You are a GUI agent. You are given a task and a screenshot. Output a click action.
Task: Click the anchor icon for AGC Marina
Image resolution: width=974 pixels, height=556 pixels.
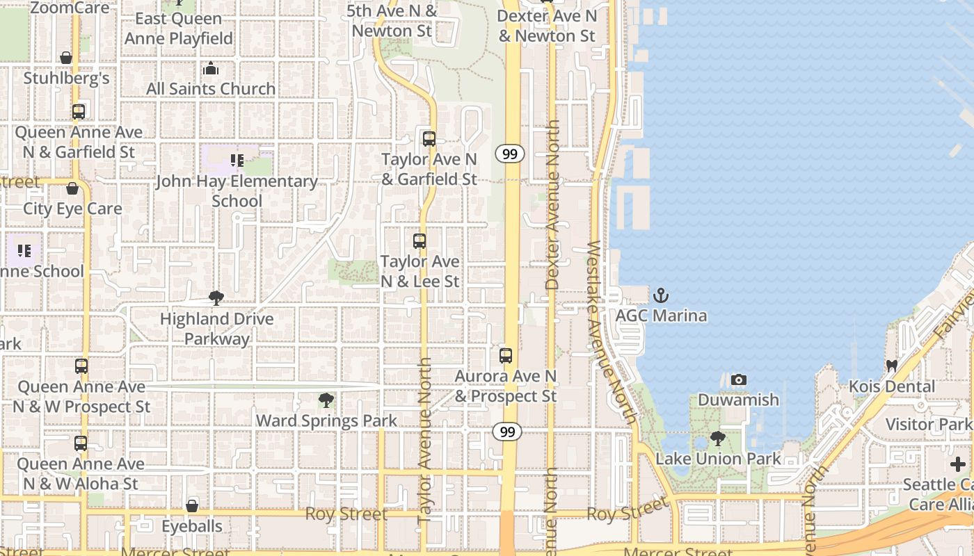[660, 295]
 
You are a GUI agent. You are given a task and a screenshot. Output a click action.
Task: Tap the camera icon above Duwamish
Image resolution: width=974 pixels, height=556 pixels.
[739, 379]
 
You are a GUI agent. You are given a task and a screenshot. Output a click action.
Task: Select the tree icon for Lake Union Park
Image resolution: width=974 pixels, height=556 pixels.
[718, 439]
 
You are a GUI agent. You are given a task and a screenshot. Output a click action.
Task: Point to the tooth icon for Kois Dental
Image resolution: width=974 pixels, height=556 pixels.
[891, 366]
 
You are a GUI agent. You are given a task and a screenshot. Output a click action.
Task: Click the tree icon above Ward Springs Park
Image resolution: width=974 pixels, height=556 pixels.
[326, 400]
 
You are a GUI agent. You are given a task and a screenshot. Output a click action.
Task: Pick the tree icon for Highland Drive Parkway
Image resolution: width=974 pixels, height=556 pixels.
[216, 298]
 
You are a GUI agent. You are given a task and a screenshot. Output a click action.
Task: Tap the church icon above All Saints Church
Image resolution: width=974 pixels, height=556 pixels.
[211, 68]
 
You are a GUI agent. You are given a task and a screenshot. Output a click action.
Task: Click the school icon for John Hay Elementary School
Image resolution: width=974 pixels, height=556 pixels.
[237, 161]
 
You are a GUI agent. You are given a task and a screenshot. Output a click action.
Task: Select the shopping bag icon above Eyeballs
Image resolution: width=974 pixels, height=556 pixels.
[192, 506]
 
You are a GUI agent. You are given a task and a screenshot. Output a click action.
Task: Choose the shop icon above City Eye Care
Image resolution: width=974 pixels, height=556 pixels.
[72, 188]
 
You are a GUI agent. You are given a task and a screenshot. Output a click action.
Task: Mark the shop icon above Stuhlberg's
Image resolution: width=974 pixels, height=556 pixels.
[66, 58]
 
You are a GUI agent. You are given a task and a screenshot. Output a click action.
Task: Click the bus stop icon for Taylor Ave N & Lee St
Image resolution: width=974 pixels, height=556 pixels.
[420, 241]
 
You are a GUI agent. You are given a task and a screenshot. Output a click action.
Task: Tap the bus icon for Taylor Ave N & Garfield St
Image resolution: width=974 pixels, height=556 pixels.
[429, 138]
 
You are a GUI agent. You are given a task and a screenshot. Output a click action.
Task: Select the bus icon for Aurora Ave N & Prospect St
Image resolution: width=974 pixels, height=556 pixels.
[506, 356]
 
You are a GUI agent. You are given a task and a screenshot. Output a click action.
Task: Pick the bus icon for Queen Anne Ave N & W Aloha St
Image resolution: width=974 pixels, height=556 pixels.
[81, 443]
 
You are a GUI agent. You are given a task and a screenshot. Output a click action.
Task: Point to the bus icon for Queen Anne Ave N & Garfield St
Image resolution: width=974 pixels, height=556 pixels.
[79, 111]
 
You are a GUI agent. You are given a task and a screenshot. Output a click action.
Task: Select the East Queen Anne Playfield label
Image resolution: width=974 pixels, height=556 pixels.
[179, 28]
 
